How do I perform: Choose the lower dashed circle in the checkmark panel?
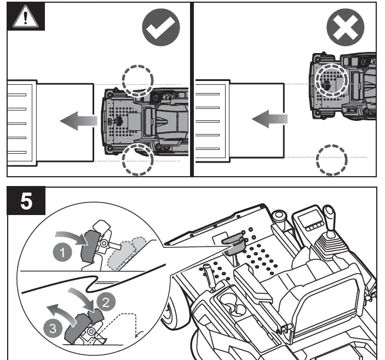pyautogui.click(x=137, y=159)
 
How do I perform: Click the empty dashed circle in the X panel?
pyautogui.click(x=332, y=160)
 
